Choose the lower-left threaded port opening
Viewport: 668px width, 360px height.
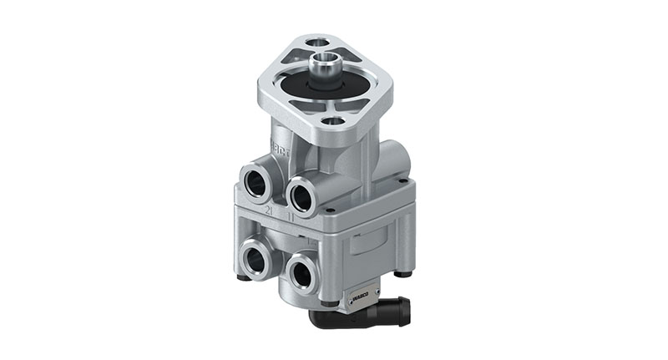pyautogui.click(x=256, y=260)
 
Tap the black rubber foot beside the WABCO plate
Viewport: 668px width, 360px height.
pyautogui.click(x=331, y=302)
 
